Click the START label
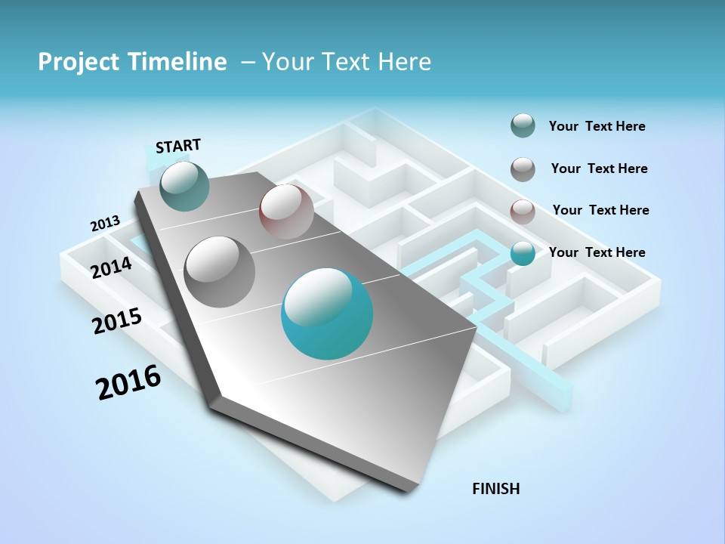click(178, 146)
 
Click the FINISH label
click(495, 489)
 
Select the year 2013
click(105, 224)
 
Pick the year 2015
click(117, 321)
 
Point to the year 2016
click(128, 382)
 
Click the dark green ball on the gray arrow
click(184, 186)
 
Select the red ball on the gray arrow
click(286, 212)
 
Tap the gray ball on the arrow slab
click(220, 272)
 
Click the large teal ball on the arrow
click(327, 314)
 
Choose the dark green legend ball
click(523, 126)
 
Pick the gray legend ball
click(523, 169)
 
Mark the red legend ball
click(523, 212)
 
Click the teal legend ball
click(523, 253)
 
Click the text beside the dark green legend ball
click(597, 126)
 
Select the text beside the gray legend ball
click(599, 168)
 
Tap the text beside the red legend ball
click(600, 210)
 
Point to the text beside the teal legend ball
click(597, 252)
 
